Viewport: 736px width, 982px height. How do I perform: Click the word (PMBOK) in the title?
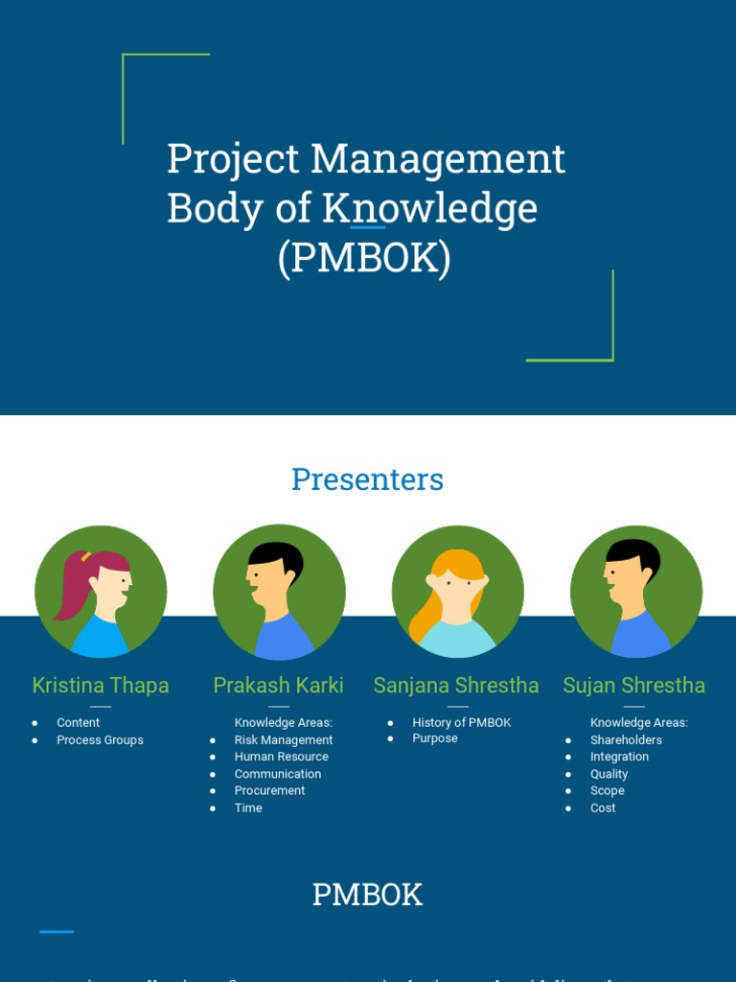364,259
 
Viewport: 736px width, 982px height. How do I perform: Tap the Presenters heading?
367,479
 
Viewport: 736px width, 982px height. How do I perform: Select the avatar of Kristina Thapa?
101,592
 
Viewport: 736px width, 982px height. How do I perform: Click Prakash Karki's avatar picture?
279,592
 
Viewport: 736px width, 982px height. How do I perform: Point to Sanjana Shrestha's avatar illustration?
458,592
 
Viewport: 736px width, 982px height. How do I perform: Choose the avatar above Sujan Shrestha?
636,592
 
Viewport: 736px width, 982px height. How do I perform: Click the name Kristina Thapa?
101,685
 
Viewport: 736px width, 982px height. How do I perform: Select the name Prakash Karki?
278,685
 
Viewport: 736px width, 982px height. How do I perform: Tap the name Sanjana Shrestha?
456,685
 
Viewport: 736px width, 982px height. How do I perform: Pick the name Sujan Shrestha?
633,685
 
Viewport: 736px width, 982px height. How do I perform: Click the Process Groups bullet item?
100,740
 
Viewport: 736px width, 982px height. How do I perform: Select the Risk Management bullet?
284,740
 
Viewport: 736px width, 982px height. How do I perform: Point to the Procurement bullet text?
269,791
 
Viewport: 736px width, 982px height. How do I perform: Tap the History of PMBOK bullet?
462,723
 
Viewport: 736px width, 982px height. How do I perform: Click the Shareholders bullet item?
626,740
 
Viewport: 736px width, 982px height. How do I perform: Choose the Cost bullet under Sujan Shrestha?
603,808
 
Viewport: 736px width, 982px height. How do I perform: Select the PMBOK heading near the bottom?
367,895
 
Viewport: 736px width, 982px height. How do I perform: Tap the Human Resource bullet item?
282,757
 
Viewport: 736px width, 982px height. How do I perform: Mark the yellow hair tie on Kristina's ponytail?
86,556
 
